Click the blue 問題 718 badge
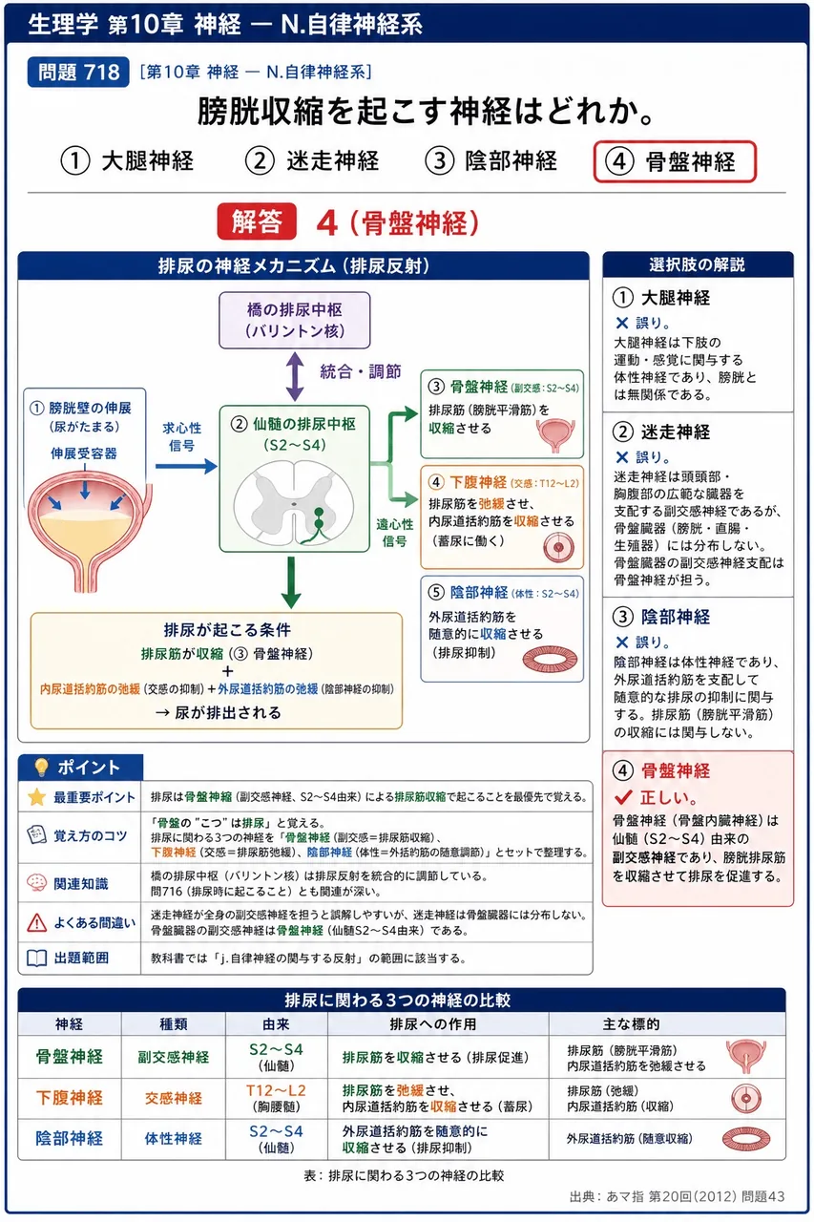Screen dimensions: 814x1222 pyautogui.click(x=78, y=72)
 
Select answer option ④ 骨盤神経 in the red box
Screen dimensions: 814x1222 pyautogui.click(x=675, y=161)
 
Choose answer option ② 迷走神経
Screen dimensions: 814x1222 pyautogui.click(x=312, y=161)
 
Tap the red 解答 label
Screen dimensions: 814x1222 pyautogui.click(x=257, y=221)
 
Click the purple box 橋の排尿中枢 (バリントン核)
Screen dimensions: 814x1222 pyautogui.click(x=295, y=320)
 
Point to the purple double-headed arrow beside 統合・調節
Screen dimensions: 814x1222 pyautogui.click(x=295, y=376)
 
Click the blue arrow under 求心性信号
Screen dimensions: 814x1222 pyautogui.click(x=186, y=466)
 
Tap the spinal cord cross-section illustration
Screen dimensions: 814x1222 pyautogui.click(x=294, y=502)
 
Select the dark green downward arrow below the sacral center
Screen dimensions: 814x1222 pyautogui.click(x=291, y=582)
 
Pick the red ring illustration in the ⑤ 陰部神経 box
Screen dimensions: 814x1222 pyautogui.click(x=550, y=659)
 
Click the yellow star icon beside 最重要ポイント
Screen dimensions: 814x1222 pyautogui.click(x=36, y=797)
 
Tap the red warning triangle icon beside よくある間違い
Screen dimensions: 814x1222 pyautogui.click(x=36, y=922)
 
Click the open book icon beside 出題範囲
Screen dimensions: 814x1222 pyautogui.click(x=36, y=958)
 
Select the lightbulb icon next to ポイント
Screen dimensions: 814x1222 pyautogui.click(x=41, y=767)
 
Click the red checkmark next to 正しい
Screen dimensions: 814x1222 pyautogui.click(x=623, y=797)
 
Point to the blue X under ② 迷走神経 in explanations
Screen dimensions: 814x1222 pyautogui.click(x=621, y=457)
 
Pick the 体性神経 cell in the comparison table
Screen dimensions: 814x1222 pyautogui.click(x=174, y=1138)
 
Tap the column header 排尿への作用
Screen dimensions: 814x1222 pyautogui.click(x=433, y=1024)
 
